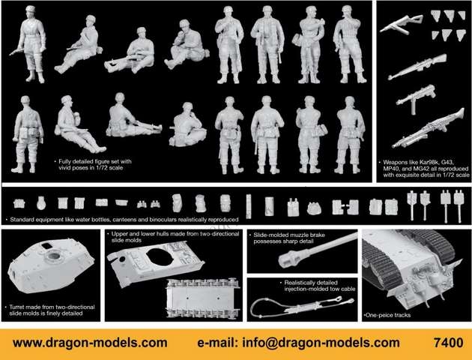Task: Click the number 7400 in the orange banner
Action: [448, 343]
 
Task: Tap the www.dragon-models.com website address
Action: [90, 343]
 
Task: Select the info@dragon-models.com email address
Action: [321, 343]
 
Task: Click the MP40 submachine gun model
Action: [416, 97]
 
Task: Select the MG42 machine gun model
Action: [428, 129]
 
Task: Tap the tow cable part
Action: [302, 307]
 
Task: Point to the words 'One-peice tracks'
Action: [387, 315]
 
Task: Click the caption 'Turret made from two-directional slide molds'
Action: [52, 310]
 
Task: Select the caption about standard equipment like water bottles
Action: [124, 220]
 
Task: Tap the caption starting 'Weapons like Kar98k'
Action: [426, 169]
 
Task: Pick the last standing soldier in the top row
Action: [349, 44]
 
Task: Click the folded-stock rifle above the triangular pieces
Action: [402, 23]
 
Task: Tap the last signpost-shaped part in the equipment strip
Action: [459, 206]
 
